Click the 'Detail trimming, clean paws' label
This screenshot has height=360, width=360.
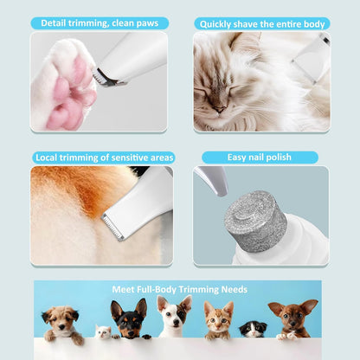[x=100, y=22]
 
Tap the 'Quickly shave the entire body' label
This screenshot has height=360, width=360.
[x=261, y=23]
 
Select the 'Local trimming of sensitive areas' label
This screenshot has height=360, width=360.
[x=104, y=157]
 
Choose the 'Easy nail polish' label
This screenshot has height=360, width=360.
[x=260, y=157]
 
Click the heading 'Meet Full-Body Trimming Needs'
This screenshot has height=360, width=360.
[x=180, y=289]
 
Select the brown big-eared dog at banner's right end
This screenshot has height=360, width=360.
[x=293, y=318]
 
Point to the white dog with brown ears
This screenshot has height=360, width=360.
[x=174, y=317]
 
